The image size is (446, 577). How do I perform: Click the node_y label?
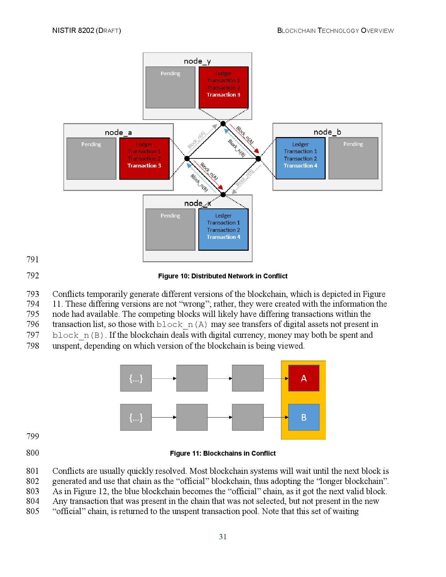pyautogui.click(x=197, y=61)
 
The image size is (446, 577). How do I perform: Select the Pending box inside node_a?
pyautogui.click(x=91, y=158)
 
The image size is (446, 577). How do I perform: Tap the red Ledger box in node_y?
pyautogui.click(x=224, y=87)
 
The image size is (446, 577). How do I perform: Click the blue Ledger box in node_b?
pyautogui.click(x=300, y=158)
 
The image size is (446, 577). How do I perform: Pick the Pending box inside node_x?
pyautogui.click(x=170, y=229)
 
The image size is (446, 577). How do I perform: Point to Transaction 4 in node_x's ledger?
pyautogui.click(x=224, y=237)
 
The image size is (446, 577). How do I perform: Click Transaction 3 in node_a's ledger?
pyautogui.click(x=144, y=166)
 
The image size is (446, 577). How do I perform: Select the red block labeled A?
pyautogui.click(x=304, y=378)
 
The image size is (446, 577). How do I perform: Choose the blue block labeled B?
pyautogui.click(x=304, y=417)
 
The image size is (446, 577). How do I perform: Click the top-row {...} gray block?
pyautogui.click(x=136, y=378)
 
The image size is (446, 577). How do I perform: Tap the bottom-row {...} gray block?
pyautogui.click(x=136, y=417)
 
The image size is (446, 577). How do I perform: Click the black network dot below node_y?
pyautogui.click(x=223, y=123)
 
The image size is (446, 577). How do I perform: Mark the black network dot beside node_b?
pyautogui.click(x=258, y=159)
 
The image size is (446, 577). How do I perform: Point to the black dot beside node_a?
pyautogui.click(x=187, y=159)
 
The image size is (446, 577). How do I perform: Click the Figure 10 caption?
pyautogui.click(x=223, y=276)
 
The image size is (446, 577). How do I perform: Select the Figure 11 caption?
pyautogui.click(x=223, y=454)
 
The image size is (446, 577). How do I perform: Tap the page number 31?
pyautogui.click(x=223, y=537)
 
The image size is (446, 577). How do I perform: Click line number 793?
pyautogui.click(x=33, y=294)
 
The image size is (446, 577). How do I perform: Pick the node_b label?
pyautogui.click(x=327, y=132)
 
